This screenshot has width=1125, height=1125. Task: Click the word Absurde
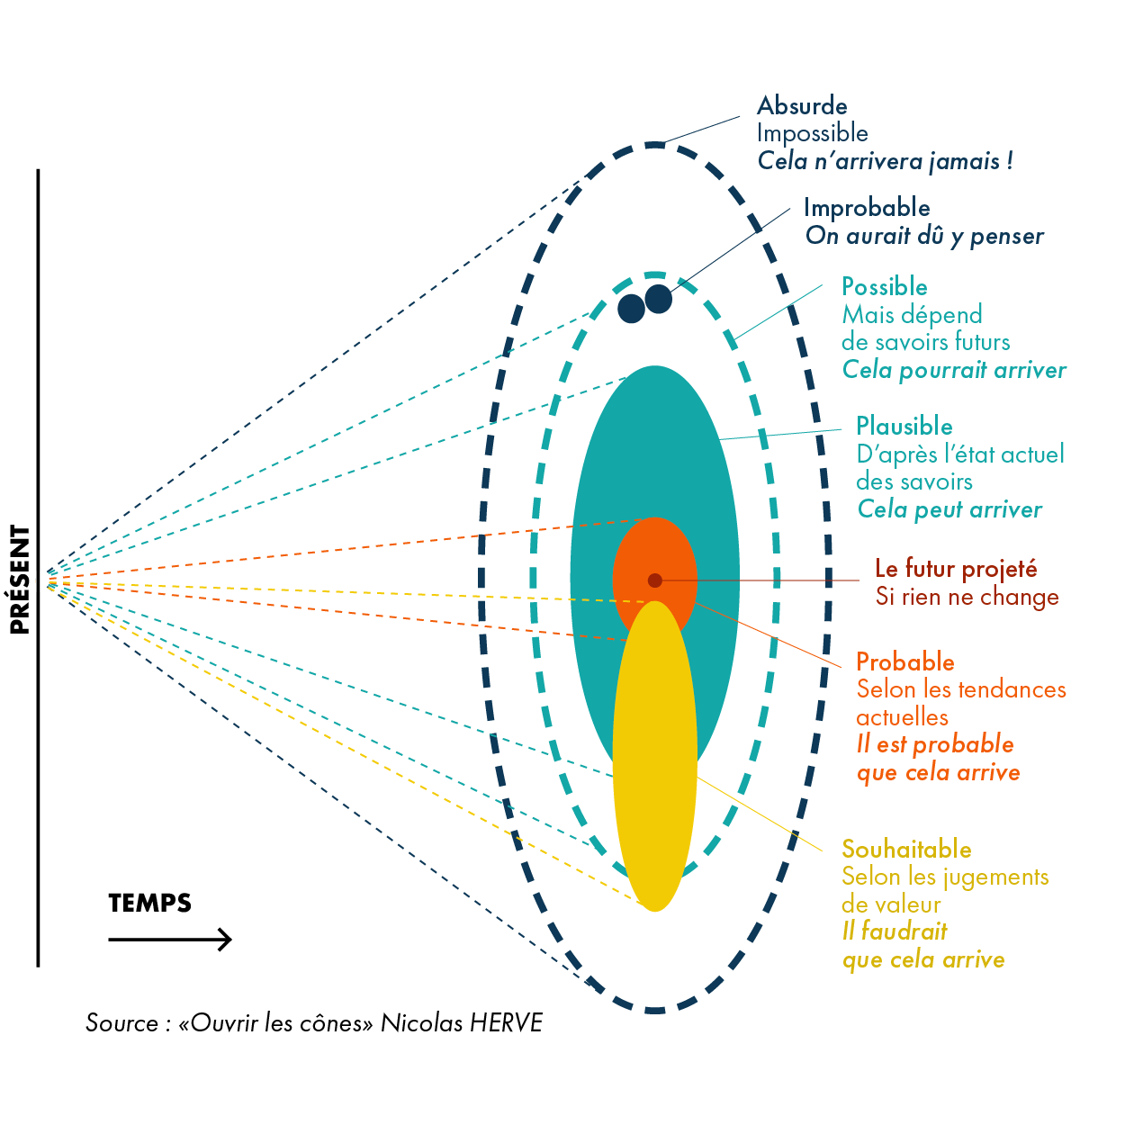pos(802,106)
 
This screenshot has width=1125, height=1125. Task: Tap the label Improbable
pos(867,208)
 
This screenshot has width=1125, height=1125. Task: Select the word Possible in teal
pos(884,287)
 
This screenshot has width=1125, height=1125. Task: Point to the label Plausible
pos(904,427)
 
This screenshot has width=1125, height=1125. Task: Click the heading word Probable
pos(904,662)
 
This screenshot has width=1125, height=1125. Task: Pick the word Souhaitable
pos(906,850)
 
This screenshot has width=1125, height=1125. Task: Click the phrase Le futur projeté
pos(956,569)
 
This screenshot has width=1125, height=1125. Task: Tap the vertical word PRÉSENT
pos(20,580)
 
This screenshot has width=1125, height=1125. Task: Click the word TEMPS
pos(149,903)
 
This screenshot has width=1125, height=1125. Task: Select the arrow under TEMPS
pos(170,940)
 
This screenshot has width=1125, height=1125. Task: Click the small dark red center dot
pos(655,580)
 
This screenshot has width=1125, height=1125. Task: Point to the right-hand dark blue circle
pos(659,299)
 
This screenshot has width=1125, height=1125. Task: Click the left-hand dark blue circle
pos(631,309)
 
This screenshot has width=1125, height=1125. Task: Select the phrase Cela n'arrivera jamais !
pos(885,161)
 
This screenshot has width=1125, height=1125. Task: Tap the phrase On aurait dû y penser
pos(924,236)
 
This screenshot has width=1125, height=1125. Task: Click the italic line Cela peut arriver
pos(949,509)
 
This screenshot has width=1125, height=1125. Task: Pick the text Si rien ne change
pos(967,597)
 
